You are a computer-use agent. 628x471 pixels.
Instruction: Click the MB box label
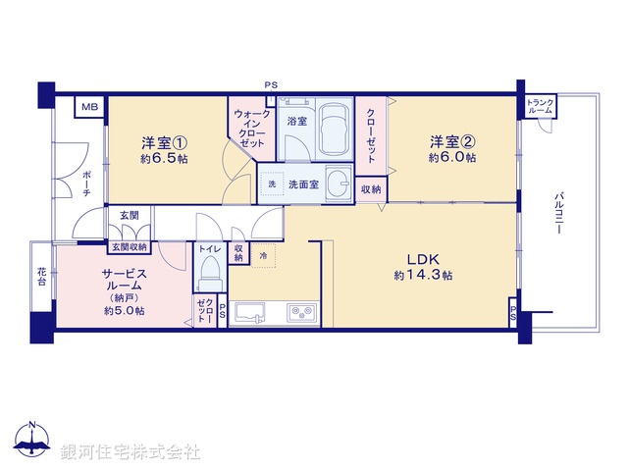click(x=89, y=107)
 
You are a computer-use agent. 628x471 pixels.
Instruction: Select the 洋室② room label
click(x=452, y=139)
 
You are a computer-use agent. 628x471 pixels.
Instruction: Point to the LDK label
click(x=423, y=259)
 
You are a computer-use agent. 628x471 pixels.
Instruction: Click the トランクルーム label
click(x=540, y=107)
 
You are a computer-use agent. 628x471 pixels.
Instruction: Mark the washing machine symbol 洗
click(x=271, y=184)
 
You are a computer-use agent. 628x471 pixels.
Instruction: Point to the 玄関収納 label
click(x=129, y=247)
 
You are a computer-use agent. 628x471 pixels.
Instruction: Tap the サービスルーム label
click(x=124, y=285)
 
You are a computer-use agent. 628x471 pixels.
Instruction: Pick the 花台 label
click(x=42, y=276)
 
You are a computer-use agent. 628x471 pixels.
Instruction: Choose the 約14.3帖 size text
click(x=423, y=277)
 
